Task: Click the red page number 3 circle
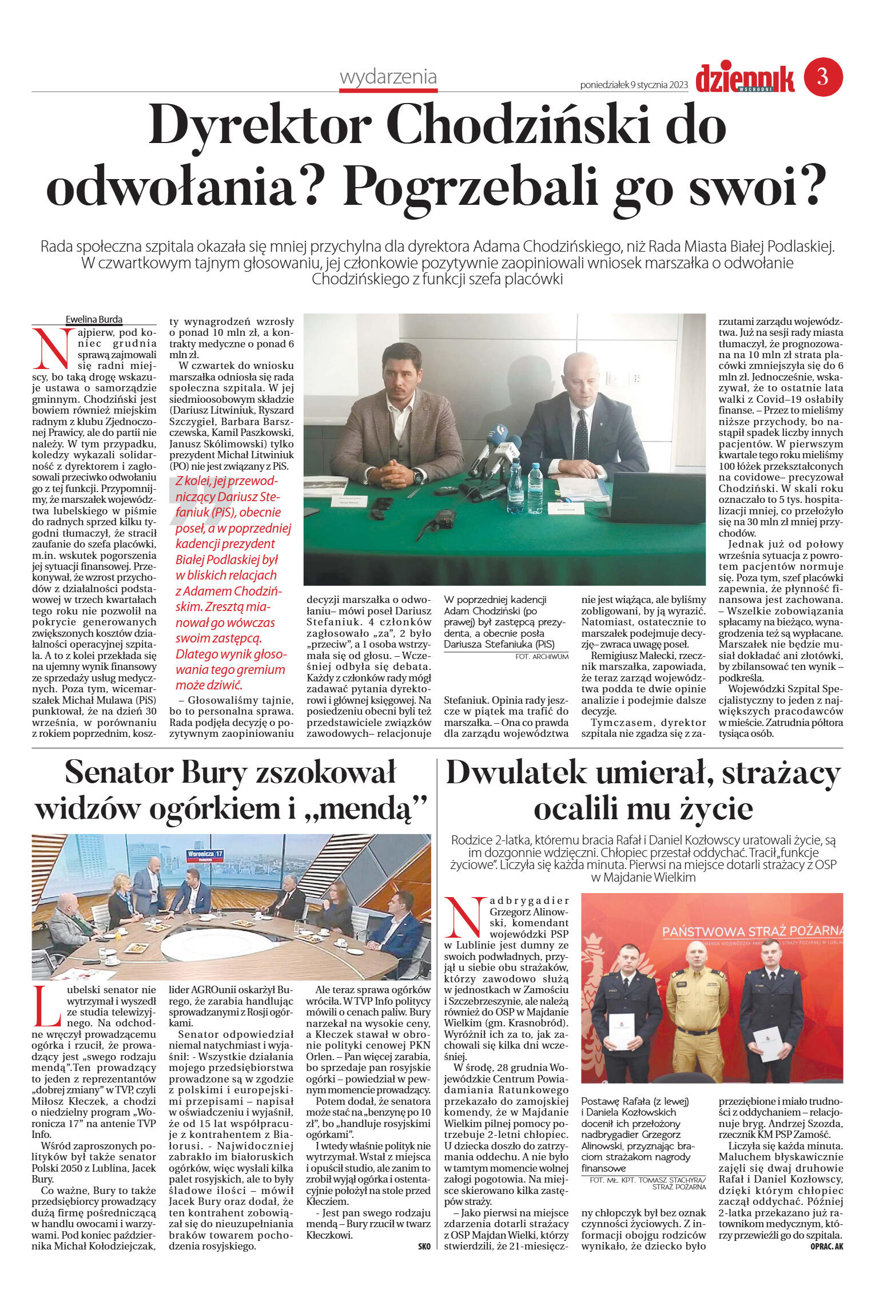[823, 76]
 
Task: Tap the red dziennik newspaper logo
[745, 78]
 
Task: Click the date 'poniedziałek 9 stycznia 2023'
[634, 85]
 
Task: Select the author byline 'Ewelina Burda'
[94, 319]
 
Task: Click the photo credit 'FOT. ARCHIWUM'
[542, 657]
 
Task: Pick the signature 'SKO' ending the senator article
[424, 1247]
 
